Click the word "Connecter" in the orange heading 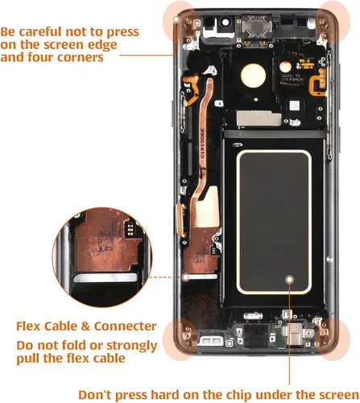(125, 326)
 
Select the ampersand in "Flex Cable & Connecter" (85, 326)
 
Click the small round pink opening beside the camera (285, 67)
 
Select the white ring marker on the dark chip (289, 280)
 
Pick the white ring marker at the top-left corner (176, 19)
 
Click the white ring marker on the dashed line (185, 277)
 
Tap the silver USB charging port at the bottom (295, 334)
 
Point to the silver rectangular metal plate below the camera (259, 118)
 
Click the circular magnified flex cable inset (102, 257)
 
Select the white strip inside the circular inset (106, 278)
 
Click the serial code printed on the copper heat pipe (202, 144)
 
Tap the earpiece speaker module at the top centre (257, 27)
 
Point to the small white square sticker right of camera (294, 106)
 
